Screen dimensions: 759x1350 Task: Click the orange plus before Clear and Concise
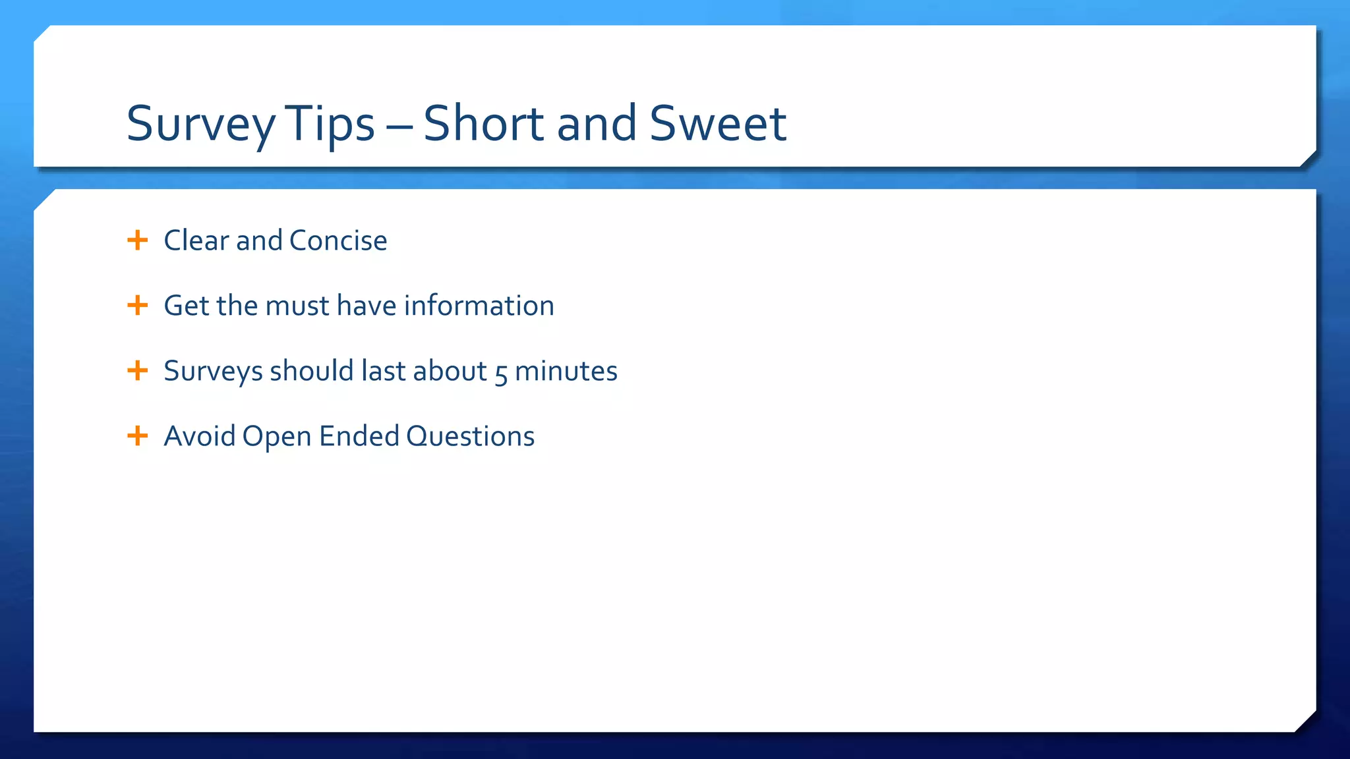tap(137, 240)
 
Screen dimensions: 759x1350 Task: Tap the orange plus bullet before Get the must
tap(137, 305)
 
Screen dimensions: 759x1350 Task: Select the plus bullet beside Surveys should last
tap(137, 370)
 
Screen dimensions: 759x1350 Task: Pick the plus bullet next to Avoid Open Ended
tap(137, 436)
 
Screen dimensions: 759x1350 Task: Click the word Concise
tap(338, 240)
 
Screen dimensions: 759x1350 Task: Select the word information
tap(479, 306)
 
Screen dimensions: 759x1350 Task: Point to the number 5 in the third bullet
tap(501, 373)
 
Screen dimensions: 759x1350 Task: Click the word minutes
tap(566, 371)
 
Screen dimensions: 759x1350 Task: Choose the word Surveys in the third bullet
tap(213, 372)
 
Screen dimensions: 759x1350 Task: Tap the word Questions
tap(470, 437)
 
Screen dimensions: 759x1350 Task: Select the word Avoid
tap(199, 436)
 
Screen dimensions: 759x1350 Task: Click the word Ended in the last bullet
tap(359, 436)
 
